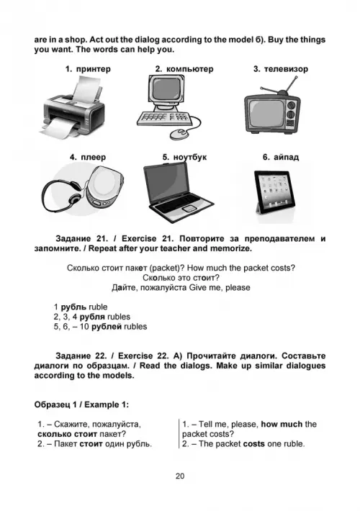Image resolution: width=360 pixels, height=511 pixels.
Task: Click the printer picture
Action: pyautogui.click(x=73, y=107)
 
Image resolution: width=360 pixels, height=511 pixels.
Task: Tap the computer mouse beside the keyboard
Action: pyautogui.click(x=179, y=134)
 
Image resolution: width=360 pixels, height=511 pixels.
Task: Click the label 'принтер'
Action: pyautogui.click(x=94, y=69)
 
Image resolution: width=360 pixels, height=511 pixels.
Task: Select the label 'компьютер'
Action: pyautogui.click(x=190, y=69)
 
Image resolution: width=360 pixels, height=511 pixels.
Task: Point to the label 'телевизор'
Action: pyautogui.click(x=286, y=69)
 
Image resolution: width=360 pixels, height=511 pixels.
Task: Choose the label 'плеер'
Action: pyautogui.click(x=94, y=157)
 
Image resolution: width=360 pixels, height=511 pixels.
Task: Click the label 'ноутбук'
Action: pyautogui.click(x=190, y=157)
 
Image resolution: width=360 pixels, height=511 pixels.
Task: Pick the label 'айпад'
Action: pyautogui.click(x=286, y=157)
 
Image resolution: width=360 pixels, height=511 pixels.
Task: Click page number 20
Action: pyautogui.click(x=180, y=476)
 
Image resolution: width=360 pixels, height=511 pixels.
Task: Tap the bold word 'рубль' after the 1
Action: pyautogui.click(x=73, y=307)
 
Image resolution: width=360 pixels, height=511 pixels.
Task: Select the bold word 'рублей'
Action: pyautogui.click(x=107, y=327)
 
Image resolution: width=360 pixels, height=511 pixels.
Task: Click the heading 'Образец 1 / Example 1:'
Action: pyautogui.click(x=81, y=404)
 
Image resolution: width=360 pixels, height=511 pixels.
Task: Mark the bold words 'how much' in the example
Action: pyautogui.click(x=282, y=425)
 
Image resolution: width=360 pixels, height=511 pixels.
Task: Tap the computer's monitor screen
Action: pyautogui.click(x=166, y=89)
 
